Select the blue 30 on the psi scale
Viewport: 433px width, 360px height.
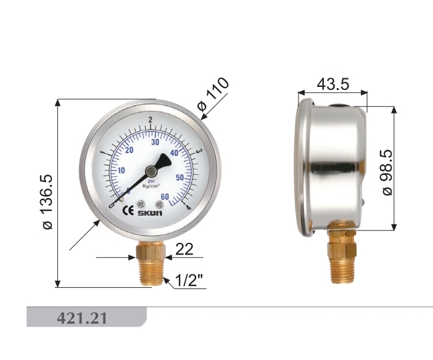pyautogui.click(x=155, y=142)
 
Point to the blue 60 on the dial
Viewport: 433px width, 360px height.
pyautogui.click(x=164, y=197)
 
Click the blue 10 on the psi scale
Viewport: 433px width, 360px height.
pyautogui.click(x=122, y=171)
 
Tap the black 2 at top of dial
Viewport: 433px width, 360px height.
pyautogui.click(x=151, y=120)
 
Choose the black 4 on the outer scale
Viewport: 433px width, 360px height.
pyautogui.click(x=187, y=207)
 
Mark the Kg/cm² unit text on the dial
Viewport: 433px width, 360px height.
pyautogui.click(x=151, y=186)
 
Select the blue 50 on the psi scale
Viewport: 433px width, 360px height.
pyautogui.click(x=181, y=178)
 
